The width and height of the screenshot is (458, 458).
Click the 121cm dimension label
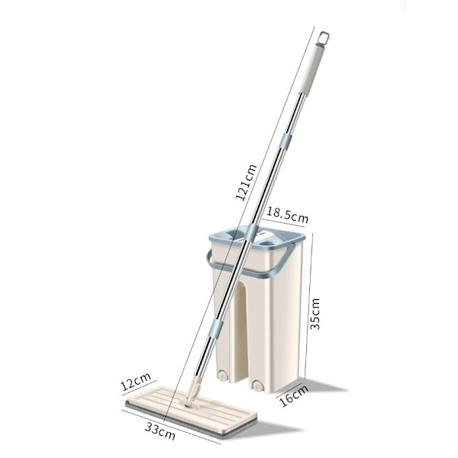pyautogui.click(x=246, y=182)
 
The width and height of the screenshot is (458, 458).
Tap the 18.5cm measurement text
pyautogui.click(x=288, y=215)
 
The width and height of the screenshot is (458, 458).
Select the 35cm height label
pyautogui.click(x=314, y=314)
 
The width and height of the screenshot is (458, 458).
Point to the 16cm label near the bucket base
pyautogui.click(x=294, y=396)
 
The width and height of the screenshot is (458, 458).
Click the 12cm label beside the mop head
pyautogui.click(x=136, y=382)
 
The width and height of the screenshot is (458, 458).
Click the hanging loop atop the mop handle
pyautogui.click(x=324, y=38)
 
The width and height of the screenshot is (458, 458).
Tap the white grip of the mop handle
pyautogui.click(x=312, y=69)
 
